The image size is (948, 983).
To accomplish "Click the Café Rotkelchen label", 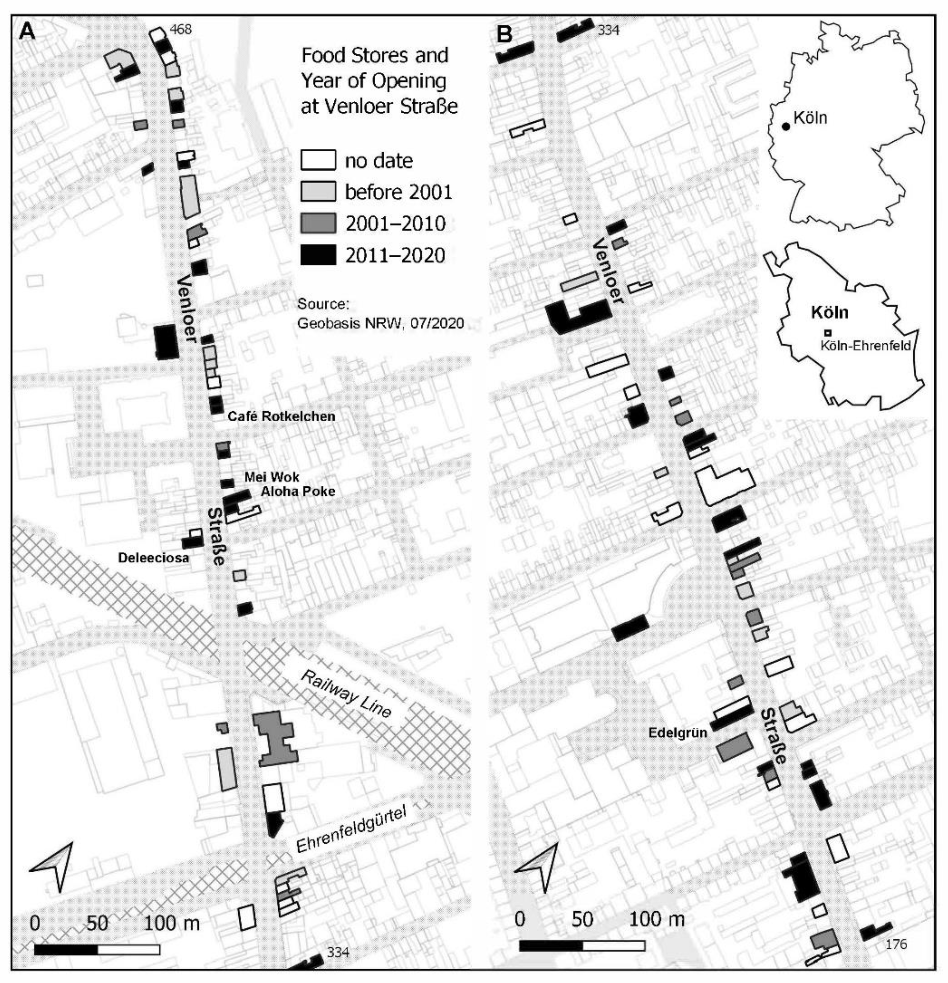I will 282,416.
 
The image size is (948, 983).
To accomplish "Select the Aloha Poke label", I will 297,491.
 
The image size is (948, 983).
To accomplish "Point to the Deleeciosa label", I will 154,558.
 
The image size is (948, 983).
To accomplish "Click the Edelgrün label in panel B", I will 677,733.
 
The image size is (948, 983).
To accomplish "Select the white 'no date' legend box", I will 318,161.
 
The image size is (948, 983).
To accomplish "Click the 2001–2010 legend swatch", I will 318,223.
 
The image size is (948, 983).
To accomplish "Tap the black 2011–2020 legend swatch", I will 318,255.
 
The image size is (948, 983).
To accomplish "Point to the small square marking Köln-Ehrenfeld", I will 828,332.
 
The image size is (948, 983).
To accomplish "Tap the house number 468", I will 180,30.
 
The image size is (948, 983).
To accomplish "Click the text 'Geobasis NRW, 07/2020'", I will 381,323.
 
